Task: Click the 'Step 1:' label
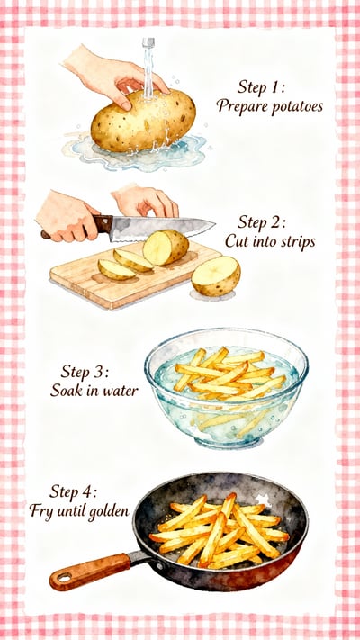261,87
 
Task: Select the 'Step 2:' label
262,222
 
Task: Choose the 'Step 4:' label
77,492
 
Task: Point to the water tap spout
148,41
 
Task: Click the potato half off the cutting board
216,275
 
